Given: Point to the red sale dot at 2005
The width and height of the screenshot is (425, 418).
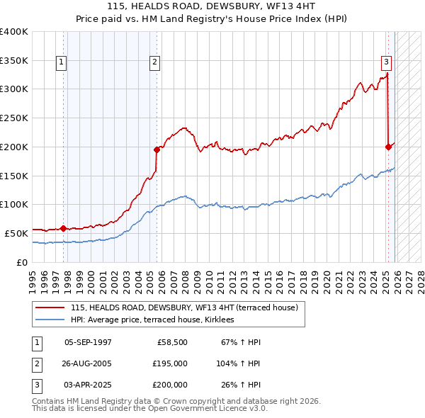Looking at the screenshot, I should (157, 149).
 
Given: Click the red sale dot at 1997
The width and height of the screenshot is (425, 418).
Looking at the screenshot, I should (63, 228).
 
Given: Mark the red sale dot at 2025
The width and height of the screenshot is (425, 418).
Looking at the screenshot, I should (388, 147).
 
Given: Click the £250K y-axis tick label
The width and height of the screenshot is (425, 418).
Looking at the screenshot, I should (14, 118).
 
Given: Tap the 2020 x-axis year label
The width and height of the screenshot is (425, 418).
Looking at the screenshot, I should (327, 276).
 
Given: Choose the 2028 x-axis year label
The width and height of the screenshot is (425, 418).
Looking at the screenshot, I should (421, 276).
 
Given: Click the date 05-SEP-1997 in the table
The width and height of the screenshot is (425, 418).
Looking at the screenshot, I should (88, 342).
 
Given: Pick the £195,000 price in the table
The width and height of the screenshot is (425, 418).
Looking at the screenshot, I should (171, 363).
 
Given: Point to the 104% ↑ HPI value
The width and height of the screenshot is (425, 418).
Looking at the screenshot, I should (239, 363).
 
